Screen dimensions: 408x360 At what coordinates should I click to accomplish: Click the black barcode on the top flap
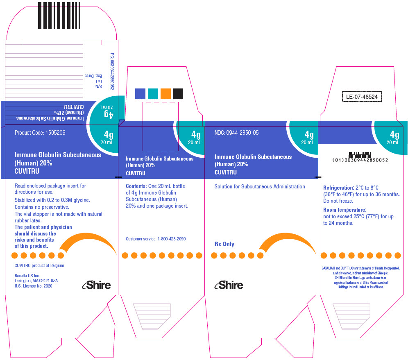tap(59, 16)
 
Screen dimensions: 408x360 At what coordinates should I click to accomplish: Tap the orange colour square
tap(165, 94)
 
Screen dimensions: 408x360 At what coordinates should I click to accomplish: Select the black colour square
tap(178, 94)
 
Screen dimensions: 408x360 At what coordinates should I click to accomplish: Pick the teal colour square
tap(153, 94)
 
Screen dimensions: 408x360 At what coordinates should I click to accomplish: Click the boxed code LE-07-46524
tap(362, 97)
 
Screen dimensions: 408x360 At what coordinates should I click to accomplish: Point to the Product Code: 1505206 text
tap(40, 133)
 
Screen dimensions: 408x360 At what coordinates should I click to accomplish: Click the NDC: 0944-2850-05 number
tap(236, 133)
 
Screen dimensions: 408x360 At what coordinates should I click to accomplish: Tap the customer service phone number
tap(172, 239)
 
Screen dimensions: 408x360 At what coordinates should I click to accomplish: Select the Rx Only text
tap(224, 244)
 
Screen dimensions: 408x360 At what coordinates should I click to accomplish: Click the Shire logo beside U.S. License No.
tap(96, 285)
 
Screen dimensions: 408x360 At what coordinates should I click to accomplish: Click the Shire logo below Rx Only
tap(229, 285)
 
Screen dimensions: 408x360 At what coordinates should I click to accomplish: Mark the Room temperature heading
tap(345, 210)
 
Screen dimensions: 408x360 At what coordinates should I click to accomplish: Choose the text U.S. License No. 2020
tap(33, 286)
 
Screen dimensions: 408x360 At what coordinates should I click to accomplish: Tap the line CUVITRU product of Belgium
tap(39, 265)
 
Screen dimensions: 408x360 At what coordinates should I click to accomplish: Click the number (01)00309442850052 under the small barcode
tap(360, 160)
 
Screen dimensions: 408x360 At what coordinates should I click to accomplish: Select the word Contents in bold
tap(136, 186)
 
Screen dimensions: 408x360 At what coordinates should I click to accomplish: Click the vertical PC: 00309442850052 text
tap(112, 71)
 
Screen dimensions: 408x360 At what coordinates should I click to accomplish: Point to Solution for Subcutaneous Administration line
tap(260, 186)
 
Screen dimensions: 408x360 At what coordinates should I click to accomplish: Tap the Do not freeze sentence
tap(338, 201)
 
